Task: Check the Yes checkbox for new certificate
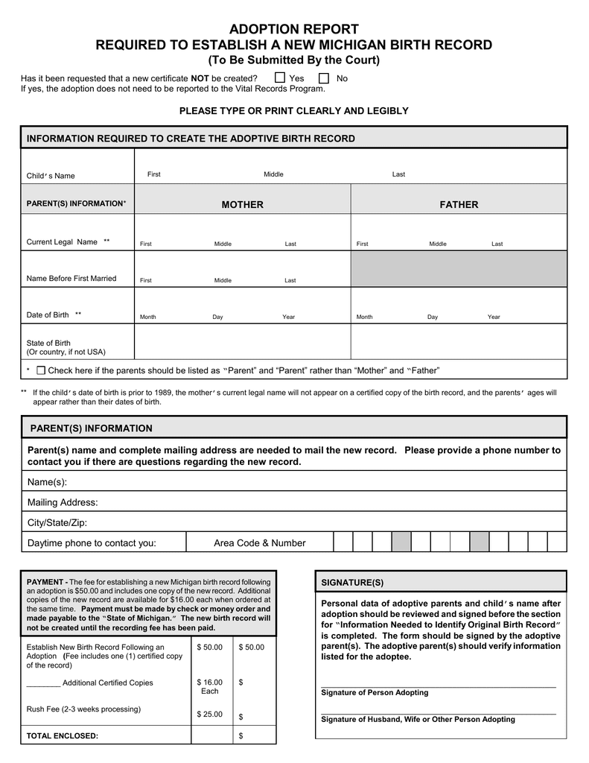tap(280, 78)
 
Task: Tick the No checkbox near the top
tap(324, 78)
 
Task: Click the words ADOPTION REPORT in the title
tap(294, 29)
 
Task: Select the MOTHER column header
tap(242, 205)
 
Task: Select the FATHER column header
tap(459, 205)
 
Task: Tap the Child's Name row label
tap(51, 176)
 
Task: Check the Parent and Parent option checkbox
tap(41, 370)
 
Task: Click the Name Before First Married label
tap(71, 279)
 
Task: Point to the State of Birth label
tap(48, 343)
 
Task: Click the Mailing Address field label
tap(63, 503)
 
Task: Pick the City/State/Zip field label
tap(57, 523)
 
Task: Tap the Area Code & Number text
tap(259, 543)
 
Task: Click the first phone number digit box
tap(343, 542)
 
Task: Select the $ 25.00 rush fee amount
tap(209, 715)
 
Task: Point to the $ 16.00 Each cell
tap(209, 686)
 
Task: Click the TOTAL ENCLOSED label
tap(63, 735)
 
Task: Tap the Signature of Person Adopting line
tap(438, 684)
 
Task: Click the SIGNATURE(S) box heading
tap(352, 581)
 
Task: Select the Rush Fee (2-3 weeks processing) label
tap(83, 709)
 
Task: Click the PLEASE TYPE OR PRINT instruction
tap(294, 111)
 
